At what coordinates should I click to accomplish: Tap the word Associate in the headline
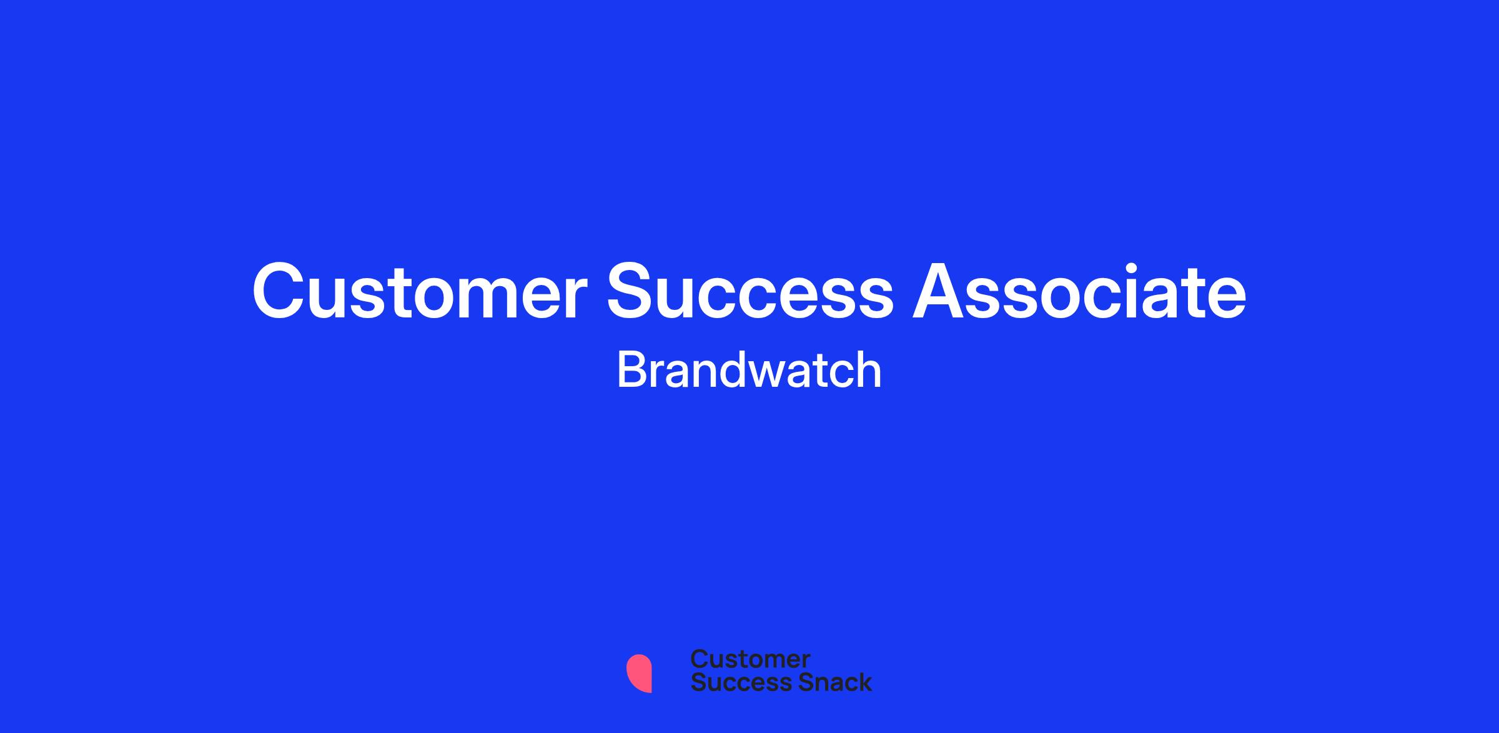pyautogui.click(x=1079, y=291)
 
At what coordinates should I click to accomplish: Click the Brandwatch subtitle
pyautogui.click(x=749, y=370)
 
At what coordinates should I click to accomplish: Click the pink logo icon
pyautogui.click(x=639, y=673)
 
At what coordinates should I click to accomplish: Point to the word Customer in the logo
pyautogui.click(x=750, y=659)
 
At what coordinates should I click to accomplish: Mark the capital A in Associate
pyautogui.click(x=939, y=291)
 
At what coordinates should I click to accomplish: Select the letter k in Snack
pyautogui.click(x=864, y=682)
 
